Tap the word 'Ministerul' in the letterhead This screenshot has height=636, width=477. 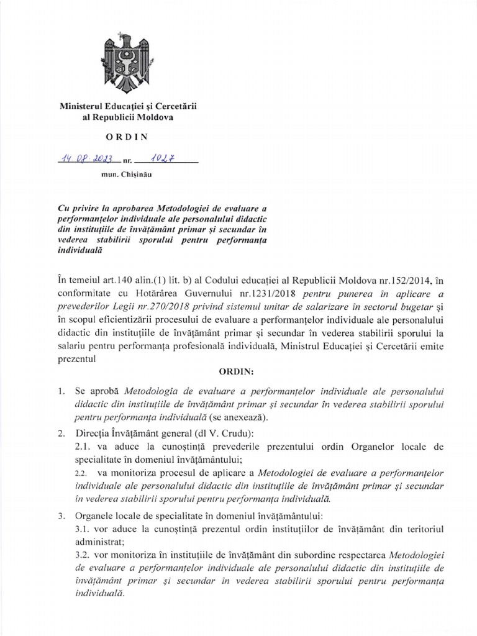coord(83,106)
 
